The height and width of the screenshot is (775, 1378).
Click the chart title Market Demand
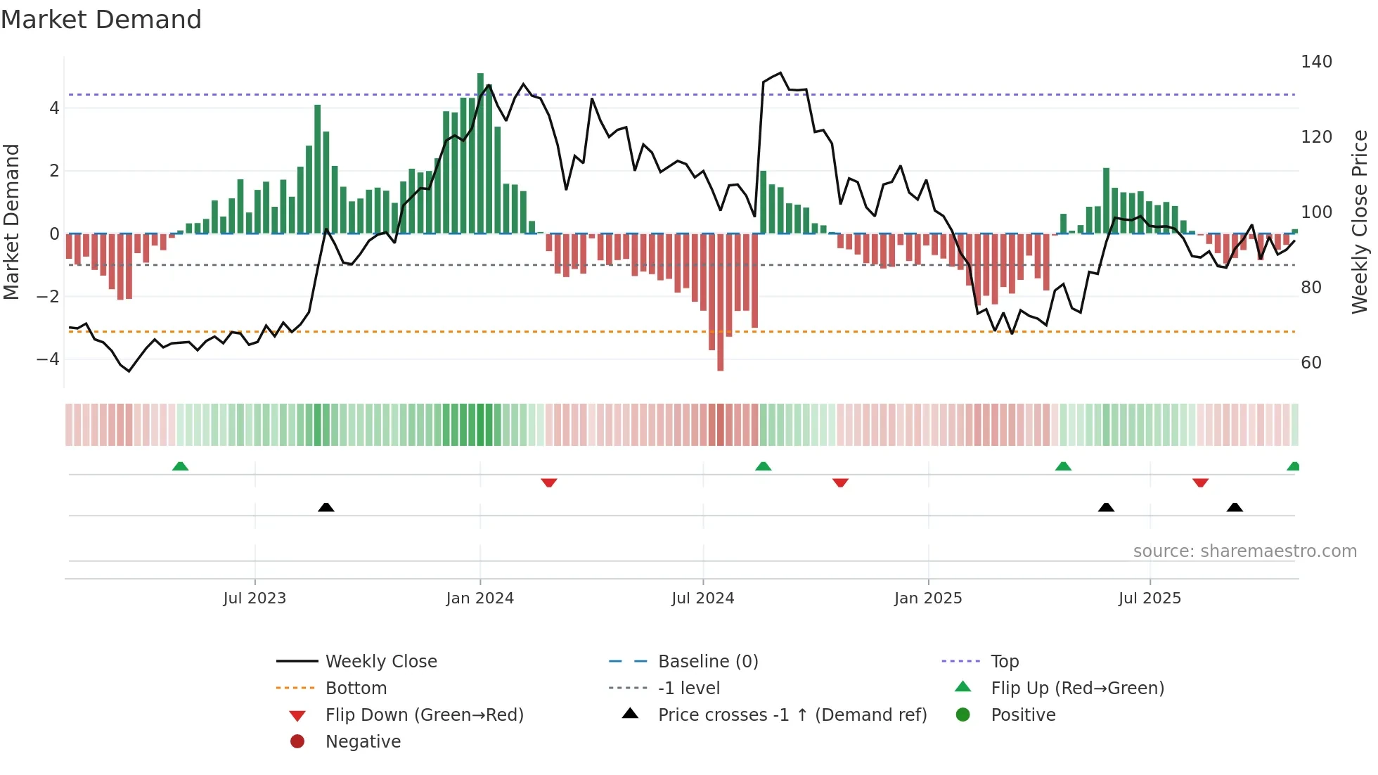[x=101, y=20]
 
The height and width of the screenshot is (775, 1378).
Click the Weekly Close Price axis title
[x=1360, y=222]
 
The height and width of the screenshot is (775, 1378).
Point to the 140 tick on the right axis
[x=1316, y=62]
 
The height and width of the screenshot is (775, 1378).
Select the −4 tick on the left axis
[x=48, y=359]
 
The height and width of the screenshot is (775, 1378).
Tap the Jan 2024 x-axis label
[x=479, y=598]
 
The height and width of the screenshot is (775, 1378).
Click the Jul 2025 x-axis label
[x=1150, y=598]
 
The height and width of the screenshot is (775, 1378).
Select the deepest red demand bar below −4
[x=720, y=302]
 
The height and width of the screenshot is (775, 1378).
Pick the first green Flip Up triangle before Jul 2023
[x=180, y=466]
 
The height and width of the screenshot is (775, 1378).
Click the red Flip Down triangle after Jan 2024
[x=549, y=482]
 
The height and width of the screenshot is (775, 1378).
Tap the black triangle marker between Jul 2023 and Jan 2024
[x=326, y=507]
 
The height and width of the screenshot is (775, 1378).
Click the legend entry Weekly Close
[x=380, y=662]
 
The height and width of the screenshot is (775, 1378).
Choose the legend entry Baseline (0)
[x=707, y=662]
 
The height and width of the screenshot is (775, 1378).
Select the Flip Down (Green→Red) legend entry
[x=424, y=715]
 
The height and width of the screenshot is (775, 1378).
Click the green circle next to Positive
[x=963, y=715]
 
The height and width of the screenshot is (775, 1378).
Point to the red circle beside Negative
[x=297, y=742]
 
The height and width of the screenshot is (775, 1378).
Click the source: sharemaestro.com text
[x=1244, y=551]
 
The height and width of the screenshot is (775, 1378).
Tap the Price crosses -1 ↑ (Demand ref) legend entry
[x=792, y=715]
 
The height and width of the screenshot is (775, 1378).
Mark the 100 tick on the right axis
[x=1316, y=212]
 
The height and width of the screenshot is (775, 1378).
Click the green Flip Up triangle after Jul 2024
[x=763, y=466]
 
